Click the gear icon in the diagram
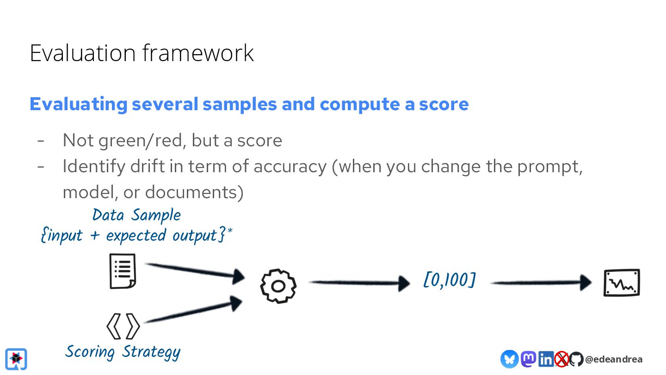[278, 286]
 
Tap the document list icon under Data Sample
[123, 271]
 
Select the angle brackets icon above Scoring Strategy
[123, 326]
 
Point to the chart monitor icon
[622, 282]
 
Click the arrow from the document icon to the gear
[195, 271]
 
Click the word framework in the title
[198, 53]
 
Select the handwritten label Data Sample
[136, 215]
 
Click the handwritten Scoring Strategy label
[123, 352]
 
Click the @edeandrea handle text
[614, 359]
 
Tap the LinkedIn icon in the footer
[546, 359]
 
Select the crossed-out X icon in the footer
[561, 359]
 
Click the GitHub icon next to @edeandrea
[576, 359]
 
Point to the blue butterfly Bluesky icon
[509, 359]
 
